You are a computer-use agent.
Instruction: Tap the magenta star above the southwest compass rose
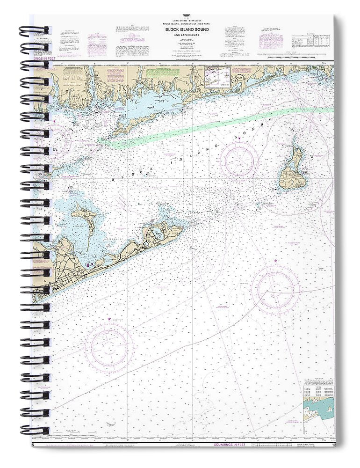click(x=109, y=319)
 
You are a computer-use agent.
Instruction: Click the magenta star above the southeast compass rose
click(x=275, y=261)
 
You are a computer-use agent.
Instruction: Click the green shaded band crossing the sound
click(x=210, y=124)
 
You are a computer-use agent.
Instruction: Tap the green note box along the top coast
click(x=157, y=73)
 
